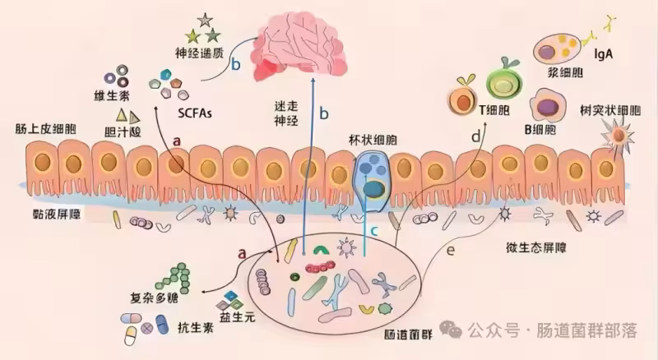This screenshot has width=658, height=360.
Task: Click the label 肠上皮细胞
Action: (x=39, y=129)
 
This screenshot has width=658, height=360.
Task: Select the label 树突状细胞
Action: (x=610, y=110)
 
